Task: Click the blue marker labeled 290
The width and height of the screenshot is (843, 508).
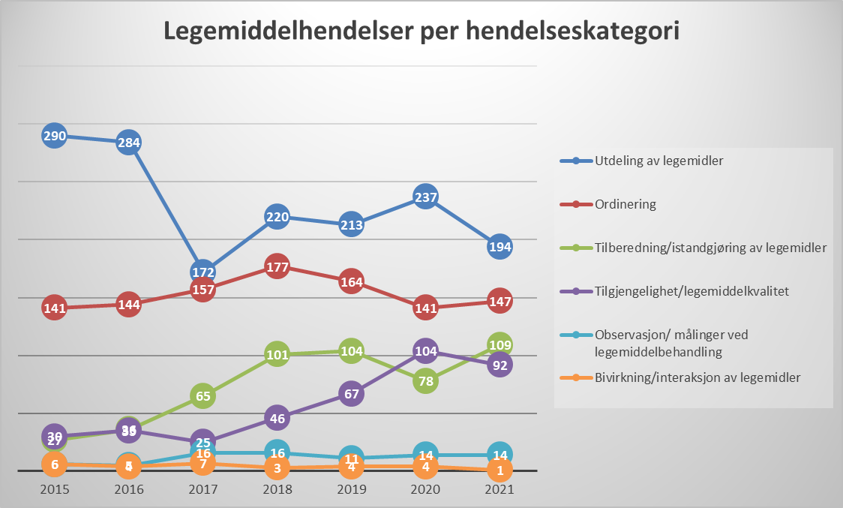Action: (55, 137)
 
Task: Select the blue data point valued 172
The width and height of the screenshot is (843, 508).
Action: (202, 272)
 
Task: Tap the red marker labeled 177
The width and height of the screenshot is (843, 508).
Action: (277, 266)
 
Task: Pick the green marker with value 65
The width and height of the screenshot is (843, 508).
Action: (202, 395)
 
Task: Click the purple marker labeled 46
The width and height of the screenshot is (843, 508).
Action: (277, 419)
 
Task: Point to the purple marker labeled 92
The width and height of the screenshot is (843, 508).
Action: (499, 366)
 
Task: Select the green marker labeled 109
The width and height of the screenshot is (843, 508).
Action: (499, 345)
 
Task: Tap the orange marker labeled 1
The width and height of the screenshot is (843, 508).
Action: (499, 470)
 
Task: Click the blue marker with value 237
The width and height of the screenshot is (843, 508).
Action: (425, 197)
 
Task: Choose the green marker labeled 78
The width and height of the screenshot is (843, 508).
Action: (425, 381)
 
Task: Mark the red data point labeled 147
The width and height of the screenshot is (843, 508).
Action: (499, 302)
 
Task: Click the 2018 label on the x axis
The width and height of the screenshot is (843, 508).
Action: (277, 488)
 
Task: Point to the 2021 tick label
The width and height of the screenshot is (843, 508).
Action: (499, 488)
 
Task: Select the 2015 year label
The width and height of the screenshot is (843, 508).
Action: (55, 488)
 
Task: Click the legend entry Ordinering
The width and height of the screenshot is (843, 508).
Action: (625, 203)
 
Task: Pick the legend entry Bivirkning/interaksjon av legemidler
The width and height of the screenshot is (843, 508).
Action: (697, 377)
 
